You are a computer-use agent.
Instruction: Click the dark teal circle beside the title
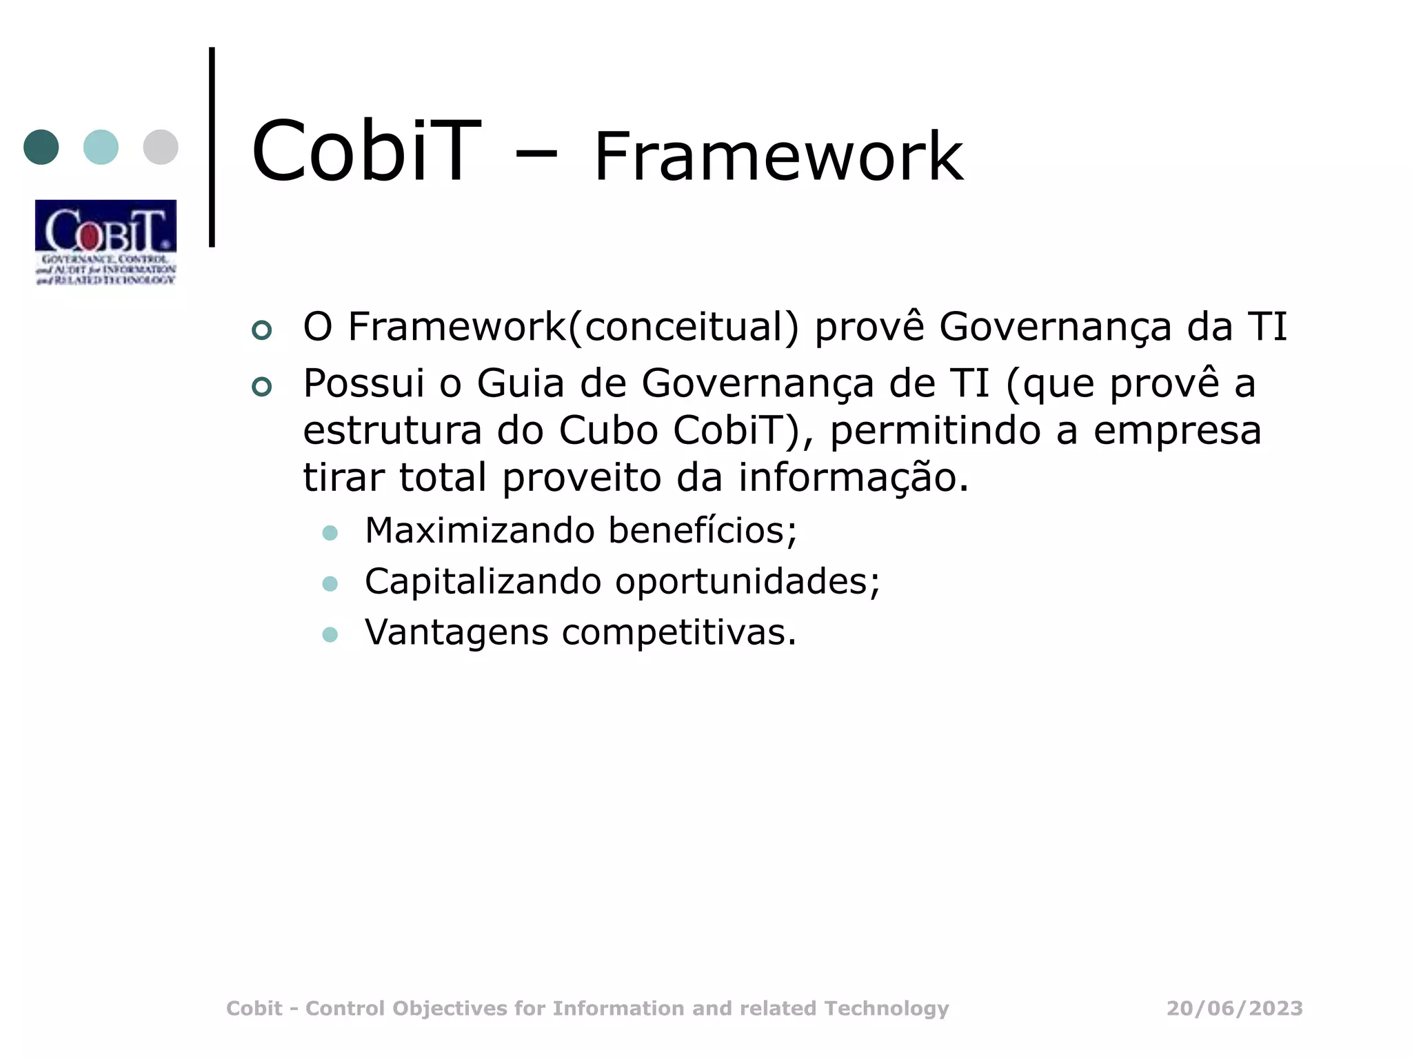coord(41,147)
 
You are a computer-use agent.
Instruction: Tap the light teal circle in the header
coord(101,147)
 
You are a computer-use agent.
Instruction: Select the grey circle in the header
coord(161,147)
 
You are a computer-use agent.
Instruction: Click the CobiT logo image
coord(105,242)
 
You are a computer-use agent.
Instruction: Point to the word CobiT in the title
coord(365,152)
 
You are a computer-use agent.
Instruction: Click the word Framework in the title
coord(778,157)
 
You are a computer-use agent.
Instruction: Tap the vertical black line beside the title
coord(212,147)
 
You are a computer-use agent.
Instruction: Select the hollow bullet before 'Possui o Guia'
coord(262,387)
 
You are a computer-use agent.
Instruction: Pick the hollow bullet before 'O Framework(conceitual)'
coord(262,330)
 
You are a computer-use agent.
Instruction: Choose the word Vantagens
coord(456,632)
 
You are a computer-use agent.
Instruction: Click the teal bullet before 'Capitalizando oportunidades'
coord(330,584)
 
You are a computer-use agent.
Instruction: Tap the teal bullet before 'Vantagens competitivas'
coord(330,634)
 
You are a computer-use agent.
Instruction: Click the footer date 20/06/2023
coord(1234,1008)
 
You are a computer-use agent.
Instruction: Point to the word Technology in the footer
coord(887,1008)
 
